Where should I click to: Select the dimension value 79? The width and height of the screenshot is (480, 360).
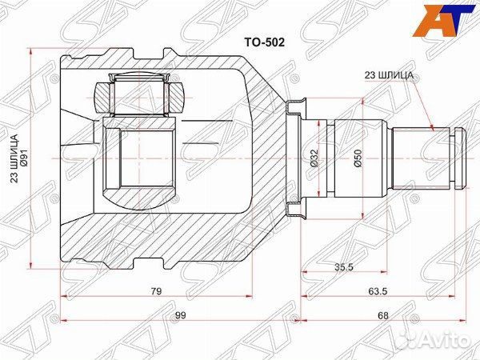click(x=155, y=291)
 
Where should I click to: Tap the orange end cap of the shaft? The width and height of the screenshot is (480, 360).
click(x=457, y=158)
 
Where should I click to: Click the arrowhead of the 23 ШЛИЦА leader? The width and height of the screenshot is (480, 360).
click(x=432, y=128)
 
